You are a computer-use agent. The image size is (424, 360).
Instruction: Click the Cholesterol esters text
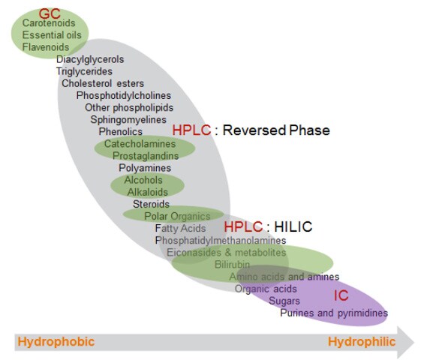(x=103, y=83)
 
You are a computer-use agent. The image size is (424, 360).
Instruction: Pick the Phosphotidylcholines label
(x=123, y=95)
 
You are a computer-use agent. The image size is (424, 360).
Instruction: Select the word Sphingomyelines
(x=128, y=119)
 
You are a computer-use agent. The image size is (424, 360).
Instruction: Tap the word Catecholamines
(x=140, y=143)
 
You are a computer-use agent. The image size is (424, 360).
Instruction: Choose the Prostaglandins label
(x=146, y=155)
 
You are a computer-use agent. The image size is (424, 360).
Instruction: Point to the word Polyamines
(x=145, y=168)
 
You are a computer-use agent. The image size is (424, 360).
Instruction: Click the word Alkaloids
(x=147, y=192)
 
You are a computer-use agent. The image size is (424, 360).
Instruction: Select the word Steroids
(x=151, y=204)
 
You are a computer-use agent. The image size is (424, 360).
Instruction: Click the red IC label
(x=341, y=295)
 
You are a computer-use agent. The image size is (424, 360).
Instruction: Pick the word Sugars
(x=284, y=300)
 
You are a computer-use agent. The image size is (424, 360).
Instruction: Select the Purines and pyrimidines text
(x=334, y=313)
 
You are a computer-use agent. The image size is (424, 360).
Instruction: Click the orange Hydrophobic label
(x=56, y=342)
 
